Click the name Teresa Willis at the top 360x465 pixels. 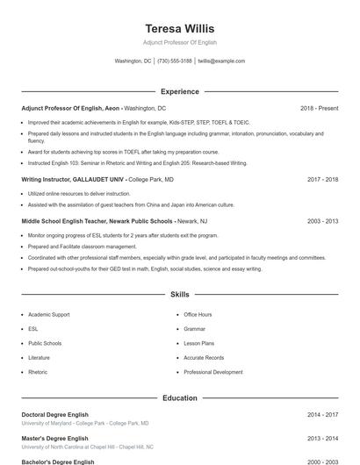pyautogui.click(x=179, y=29)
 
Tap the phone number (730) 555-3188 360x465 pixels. pyautogui.click(x=175, y=61)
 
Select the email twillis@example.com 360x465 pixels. pyautogui.click(x=221, y=61)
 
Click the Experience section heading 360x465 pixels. pyautogui.click(x=179, y=91)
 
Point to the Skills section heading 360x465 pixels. pyautogui.click(x=179, y=295)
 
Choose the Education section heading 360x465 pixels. pyautogui.click(x=179, y=398)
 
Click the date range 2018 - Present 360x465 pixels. pyautogui.click(x=319, y=108)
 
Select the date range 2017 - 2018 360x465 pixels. pyautogui.click(x=322, y=179)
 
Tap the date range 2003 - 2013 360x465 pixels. pyautogui.click(x=322, y=222)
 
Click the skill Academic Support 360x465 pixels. pyautogui.click(x=48, y=314)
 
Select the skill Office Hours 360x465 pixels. pyautogui.click(x=198, y=314)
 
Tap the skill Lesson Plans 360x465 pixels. pyautogui.click(x=198, y=343)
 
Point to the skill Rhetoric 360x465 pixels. pyautogui.click(x=38, y=372)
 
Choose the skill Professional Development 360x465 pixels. pyautogui.click(x=212, y=372)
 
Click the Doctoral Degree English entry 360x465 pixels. pyautogui.click(x=57, y=414)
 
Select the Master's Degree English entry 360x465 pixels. pyautogui.click(x=54, y=438)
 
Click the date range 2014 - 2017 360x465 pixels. pyautogui.click(x=322, y=414)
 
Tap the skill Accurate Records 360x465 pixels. pyautogui.click(x=204, y=358)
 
